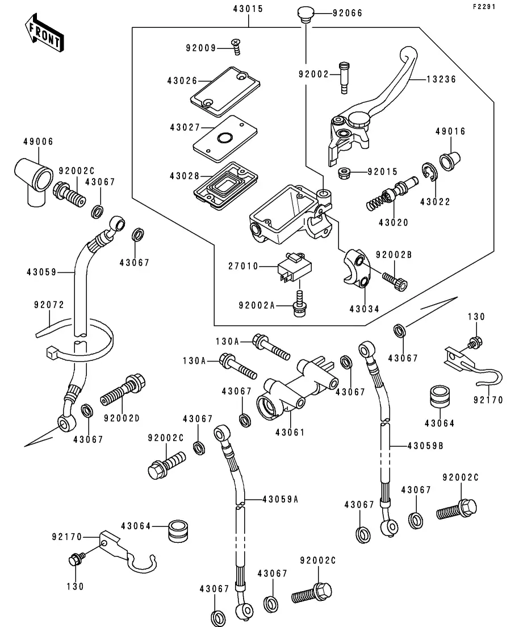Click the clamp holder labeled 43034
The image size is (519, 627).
click(356, 269)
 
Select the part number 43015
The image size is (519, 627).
click(248, 9)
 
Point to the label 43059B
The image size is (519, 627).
click(425, 446)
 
